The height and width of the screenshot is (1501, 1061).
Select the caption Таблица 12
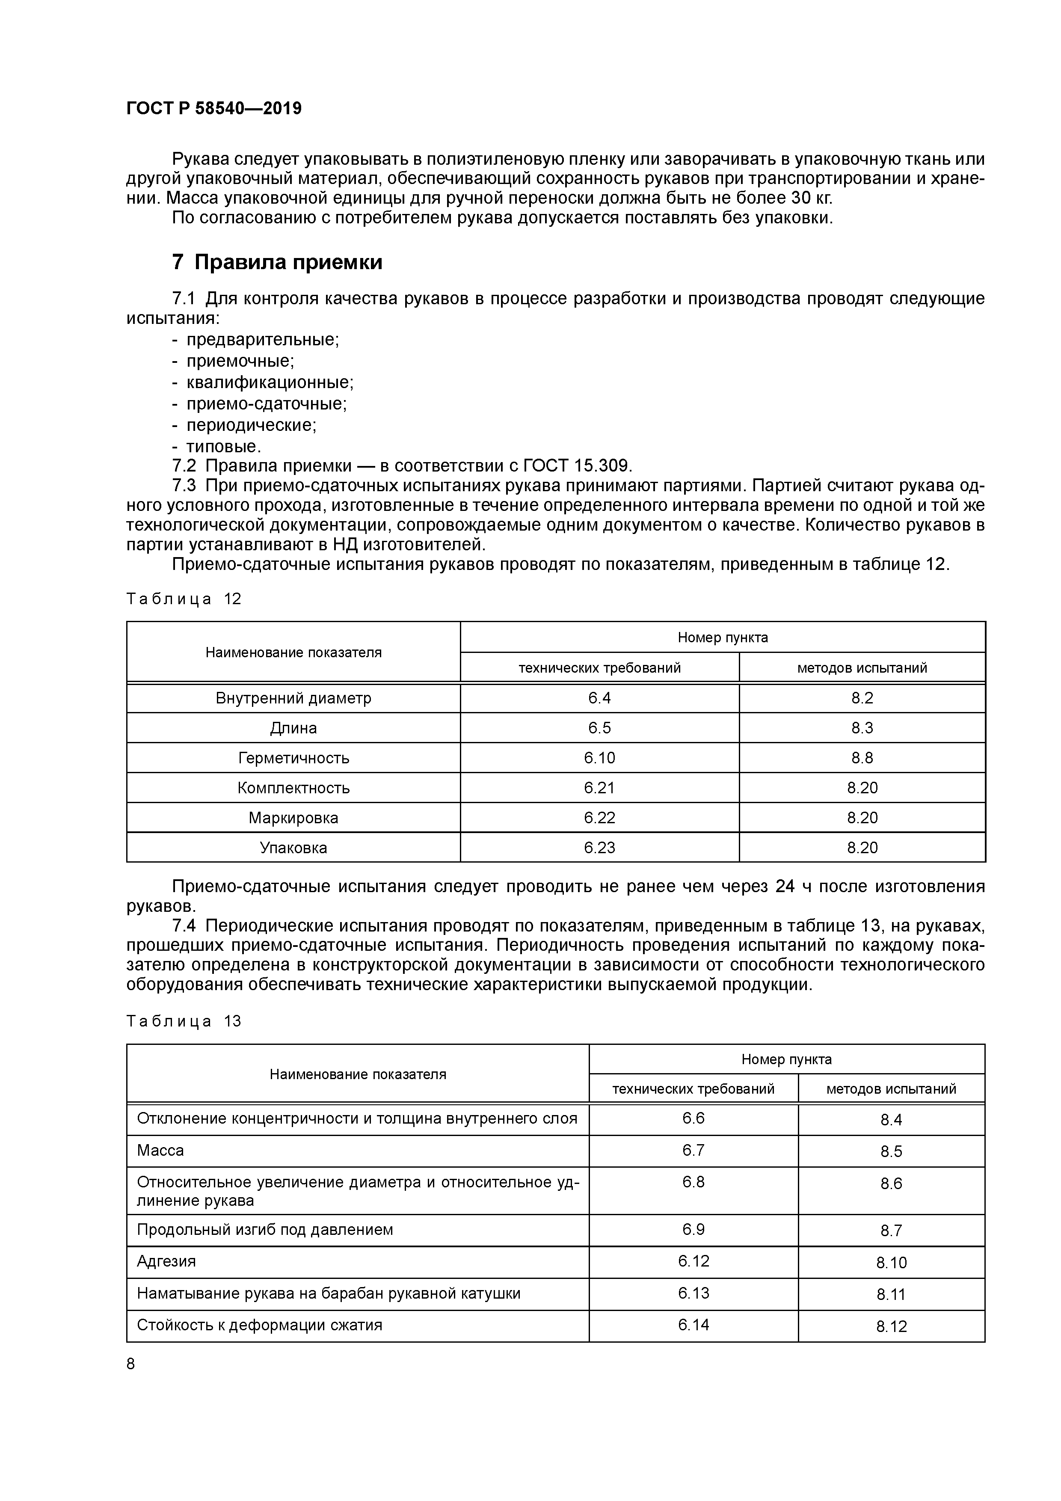(184, 599)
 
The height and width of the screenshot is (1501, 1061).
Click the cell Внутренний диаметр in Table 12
(293, 698)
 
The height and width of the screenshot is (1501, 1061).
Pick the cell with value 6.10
(599, 758)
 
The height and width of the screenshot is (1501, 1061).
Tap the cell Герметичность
(293, 758)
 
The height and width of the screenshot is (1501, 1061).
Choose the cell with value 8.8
(862, 758)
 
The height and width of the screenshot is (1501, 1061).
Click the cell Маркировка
(293, 818)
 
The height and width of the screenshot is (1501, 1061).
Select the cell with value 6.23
(599, 848)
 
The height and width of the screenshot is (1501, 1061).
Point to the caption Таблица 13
(184, 1021)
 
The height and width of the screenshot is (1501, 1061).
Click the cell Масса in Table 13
(160, 1150)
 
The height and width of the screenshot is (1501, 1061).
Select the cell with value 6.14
(693, 1324)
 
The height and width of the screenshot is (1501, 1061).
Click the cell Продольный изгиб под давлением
(265, 1230)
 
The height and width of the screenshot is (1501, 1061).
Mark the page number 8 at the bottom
(131, 1364)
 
